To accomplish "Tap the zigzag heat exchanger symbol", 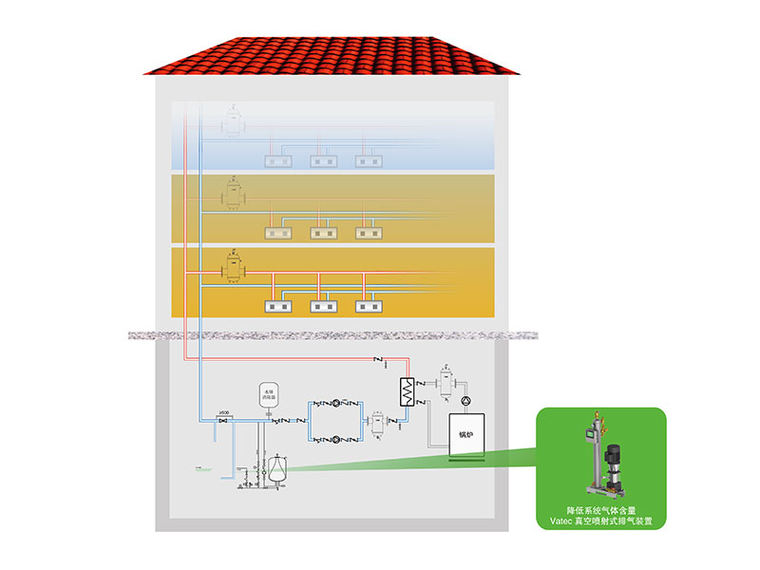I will pyautogui.click(x=408, y=389).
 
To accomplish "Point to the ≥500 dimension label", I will pyautogui.click(x=225, y=412).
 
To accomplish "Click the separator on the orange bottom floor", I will pyautogui.click(x=232, y=269).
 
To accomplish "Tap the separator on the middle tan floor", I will pyautogui.click(x=232, y=196).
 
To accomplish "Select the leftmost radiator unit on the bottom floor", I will pyautogui.click(x=277, y=307).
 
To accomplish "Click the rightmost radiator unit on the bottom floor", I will pyautogui.click(x=370, y=307).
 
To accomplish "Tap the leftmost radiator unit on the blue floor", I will pyautogui.click(x=277, y=161).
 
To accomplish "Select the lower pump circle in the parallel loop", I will pyautogui.click(x=339, y=439).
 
